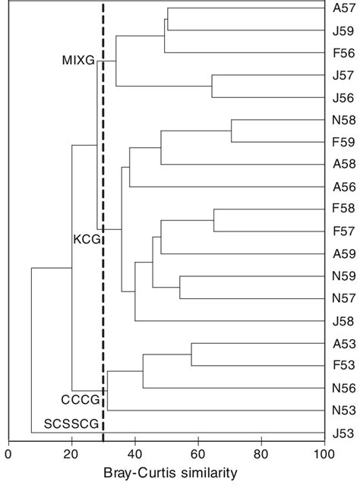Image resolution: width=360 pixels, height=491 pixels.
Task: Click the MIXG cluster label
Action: pyautogui.click(x=77, y=61)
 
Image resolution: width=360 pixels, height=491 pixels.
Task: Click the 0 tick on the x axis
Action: pyautogui.click(x=8, y=455)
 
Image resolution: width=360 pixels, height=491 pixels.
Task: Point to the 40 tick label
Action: pyautogui.click(x=134, y=455)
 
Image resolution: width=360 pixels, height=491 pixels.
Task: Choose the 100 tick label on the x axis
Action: pyautogui.click(x=324, y=455)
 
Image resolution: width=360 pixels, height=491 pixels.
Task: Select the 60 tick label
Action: pyautogui.click(x=197, y=455)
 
